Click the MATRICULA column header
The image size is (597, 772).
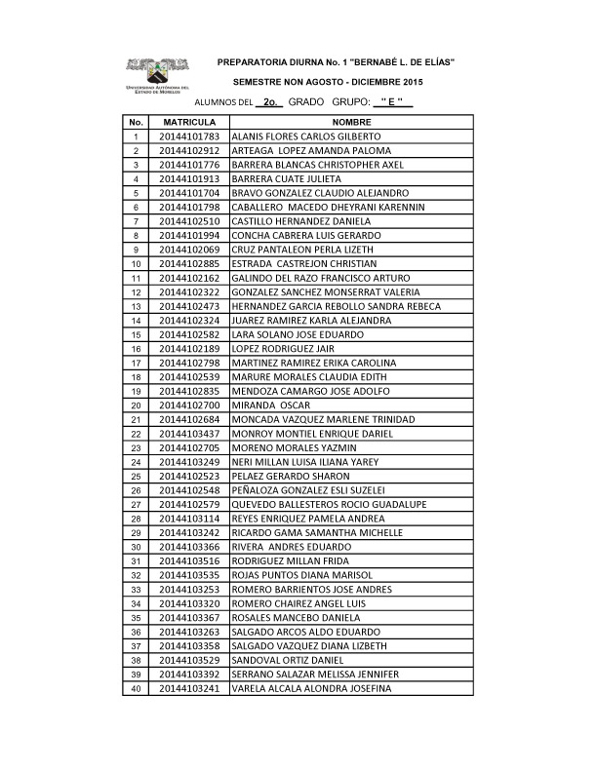[189, 122]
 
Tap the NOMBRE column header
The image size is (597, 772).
[352, 122]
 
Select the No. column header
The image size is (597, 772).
[136, 122]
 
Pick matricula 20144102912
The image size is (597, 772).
[189, 151]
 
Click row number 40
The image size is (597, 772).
[136, 688]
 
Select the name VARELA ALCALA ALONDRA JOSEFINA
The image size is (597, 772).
[311, 688]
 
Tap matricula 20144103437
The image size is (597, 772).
[189, 433]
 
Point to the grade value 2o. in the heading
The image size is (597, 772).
[271, 101]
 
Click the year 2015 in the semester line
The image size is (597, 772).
[413, 82]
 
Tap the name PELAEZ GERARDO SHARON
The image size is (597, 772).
[285, 476]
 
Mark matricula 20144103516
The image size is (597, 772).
[189, 560]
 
